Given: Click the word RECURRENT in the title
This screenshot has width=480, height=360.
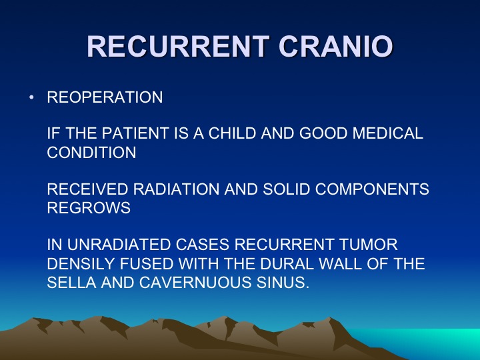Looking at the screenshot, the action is [178, 46].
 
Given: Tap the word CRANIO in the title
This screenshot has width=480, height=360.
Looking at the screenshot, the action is [335, 46].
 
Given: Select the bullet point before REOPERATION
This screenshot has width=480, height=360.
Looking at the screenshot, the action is [31, 97].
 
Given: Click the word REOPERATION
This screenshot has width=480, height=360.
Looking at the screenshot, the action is [105, 97].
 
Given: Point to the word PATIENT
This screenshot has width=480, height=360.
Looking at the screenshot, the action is [135, 133].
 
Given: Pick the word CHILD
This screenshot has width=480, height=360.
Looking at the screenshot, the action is [232, 133].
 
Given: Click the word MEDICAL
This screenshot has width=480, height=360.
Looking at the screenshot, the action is [387, 133].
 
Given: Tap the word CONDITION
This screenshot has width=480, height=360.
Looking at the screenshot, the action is [91, 153].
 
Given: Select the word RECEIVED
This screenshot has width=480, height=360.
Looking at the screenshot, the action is [87, 189].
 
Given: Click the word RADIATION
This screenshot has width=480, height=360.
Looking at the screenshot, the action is [176, 189].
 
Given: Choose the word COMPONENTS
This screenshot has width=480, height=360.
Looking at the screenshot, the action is [372, 189].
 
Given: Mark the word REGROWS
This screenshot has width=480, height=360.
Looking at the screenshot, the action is [89, 208].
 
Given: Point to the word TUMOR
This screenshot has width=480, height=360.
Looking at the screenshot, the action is [368, 245].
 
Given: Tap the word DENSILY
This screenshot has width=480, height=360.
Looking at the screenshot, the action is [81, 263].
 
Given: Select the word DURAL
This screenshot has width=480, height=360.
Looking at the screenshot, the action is [288, 263].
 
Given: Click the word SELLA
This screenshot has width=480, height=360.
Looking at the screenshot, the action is [71, 283].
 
